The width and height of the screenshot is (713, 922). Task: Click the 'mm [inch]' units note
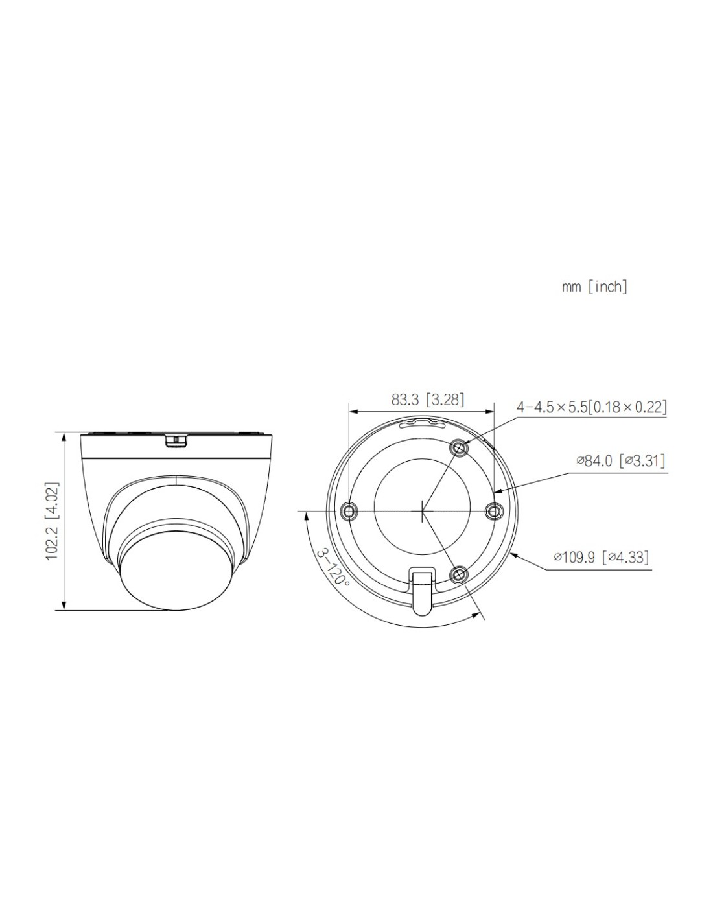pos(594,287)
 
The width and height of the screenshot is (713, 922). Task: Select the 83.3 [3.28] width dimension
pos(428,399)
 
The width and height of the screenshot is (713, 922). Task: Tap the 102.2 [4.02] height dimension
pos(52,521)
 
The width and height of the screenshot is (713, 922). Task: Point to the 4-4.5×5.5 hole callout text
pos(591,407)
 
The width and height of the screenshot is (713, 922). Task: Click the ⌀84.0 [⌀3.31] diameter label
pos(620,460)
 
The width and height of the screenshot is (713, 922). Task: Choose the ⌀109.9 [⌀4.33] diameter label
pos(602,557)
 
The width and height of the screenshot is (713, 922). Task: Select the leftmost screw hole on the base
pos(349,512)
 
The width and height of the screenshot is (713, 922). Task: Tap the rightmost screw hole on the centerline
pos(493,512)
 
